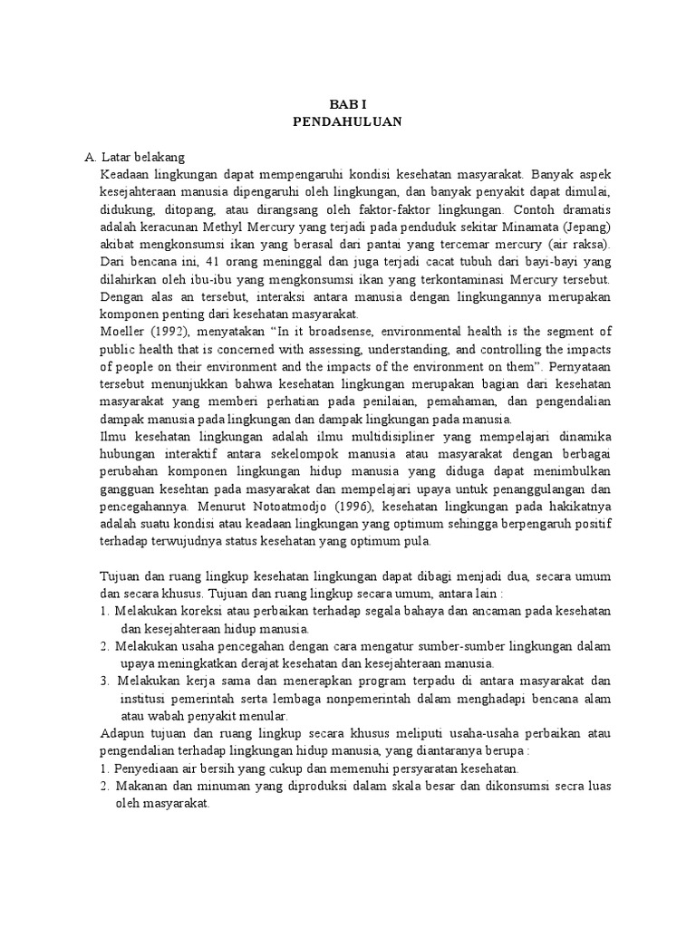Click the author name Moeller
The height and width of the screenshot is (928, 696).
tap(123, 332)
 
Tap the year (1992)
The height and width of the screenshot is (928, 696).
tap(171, 332)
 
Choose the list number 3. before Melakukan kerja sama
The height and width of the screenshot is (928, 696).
tap(105, 681)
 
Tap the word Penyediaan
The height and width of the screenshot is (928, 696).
tap(144, 768)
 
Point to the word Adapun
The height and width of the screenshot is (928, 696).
tap(122, 734)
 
